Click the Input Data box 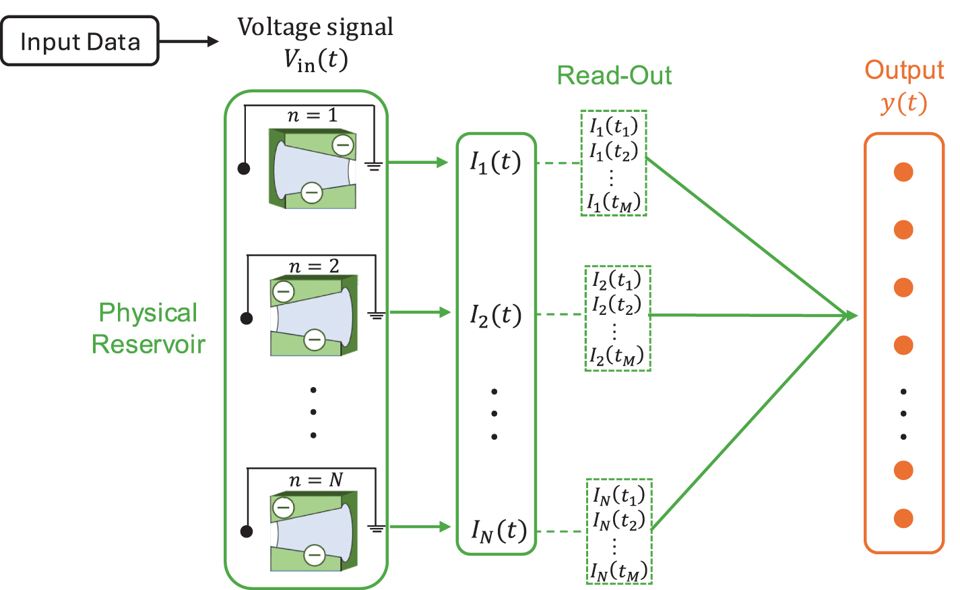[x=79, y=41]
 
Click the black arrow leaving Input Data [x=189, y=42]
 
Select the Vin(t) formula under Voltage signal [x=315, y=60]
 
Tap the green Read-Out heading [x=614, y=76]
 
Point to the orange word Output [x=904, y=69]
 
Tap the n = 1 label [x=313, y=115]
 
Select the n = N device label [x=316, y=479]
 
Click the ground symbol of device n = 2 [x=376, y=316]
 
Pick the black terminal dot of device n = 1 [x=243, y=169]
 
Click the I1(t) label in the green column [x=495, y=163]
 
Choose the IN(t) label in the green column [x=499, y=531]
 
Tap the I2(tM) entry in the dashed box [x=616, y=356]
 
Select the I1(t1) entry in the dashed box [x=614, y=126]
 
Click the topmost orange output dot [x=903, y=172]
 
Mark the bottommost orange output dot [x=903, y=519]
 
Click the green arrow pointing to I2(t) [x=420, y=312]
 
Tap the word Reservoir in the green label [x=148, y=344]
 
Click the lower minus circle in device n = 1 [x=311, y=193]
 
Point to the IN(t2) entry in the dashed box [x=619, y=521]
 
